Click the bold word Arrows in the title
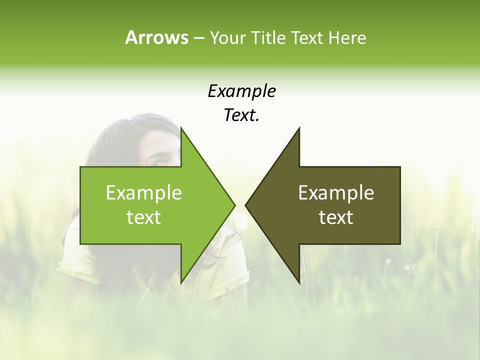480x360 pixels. point(157,37)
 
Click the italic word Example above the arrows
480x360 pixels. point(241,91)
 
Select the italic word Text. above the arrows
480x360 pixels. point(241,115)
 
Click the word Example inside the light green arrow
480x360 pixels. point(144,193)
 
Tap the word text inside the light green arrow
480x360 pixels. point(144,217)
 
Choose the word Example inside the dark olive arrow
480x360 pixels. point(336,193)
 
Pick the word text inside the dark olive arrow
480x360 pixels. point(336,217)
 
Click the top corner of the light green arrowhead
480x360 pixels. point(181,128)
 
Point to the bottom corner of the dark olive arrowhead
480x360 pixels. point(299,282)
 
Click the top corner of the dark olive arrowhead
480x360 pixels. point(299,128)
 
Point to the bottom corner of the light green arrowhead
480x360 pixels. point(181,282)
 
